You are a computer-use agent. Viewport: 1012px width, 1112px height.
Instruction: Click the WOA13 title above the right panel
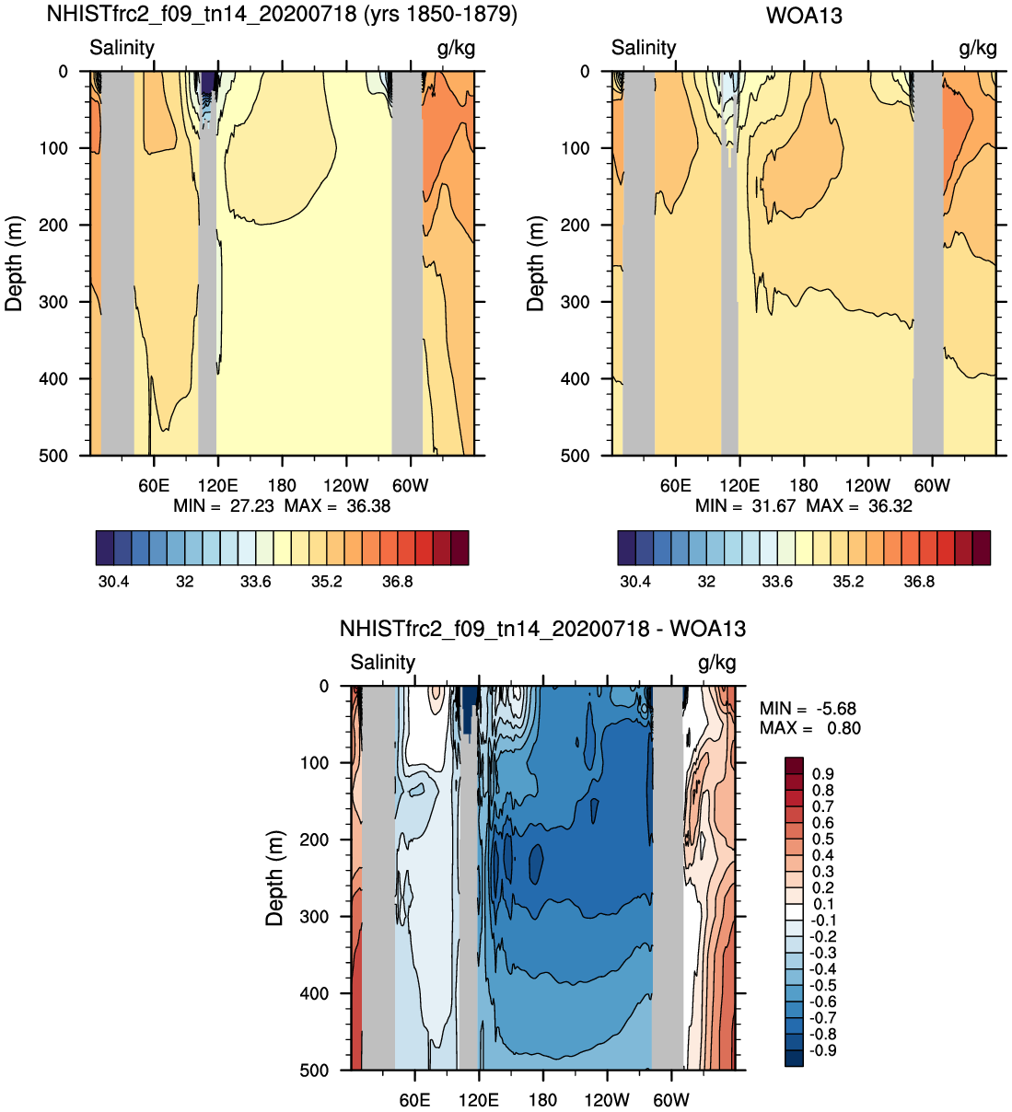(804, 15)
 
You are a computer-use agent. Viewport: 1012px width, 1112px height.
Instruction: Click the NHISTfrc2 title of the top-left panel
(282, 13)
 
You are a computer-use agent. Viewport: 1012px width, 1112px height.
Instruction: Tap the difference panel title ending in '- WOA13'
(542, 629)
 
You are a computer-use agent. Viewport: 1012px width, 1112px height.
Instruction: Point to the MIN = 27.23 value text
(224, 505)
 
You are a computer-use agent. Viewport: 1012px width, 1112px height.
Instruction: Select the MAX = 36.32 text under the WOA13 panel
(859, 505)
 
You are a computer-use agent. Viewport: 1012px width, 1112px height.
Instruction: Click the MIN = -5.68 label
(808, 709)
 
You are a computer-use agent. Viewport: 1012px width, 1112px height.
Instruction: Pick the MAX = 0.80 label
(810, 728)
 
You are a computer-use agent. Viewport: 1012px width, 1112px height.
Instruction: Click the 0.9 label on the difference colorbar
(823, 774)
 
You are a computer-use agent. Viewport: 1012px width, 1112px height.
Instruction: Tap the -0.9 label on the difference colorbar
(823, 1050)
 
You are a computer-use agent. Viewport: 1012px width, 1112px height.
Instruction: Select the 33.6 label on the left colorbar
(256, 582)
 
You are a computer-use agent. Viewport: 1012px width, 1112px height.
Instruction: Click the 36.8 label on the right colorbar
(919, 582)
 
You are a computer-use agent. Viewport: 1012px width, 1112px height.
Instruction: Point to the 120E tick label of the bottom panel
(479, 1100)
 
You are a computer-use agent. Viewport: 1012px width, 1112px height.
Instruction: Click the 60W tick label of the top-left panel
(411, 486)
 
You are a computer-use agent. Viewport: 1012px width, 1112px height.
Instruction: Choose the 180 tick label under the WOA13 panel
(804, 486)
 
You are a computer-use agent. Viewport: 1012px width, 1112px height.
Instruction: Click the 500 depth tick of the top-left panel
(53, 457)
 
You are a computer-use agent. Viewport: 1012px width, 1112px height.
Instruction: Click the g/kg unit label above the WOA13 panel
(978, 48)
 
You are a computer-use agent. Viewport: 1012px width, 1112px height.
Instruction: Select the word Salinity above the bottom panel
(383, 662)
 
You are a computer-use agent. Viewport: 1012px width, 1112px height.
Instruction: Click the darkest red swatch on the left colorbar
(459, 548)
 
